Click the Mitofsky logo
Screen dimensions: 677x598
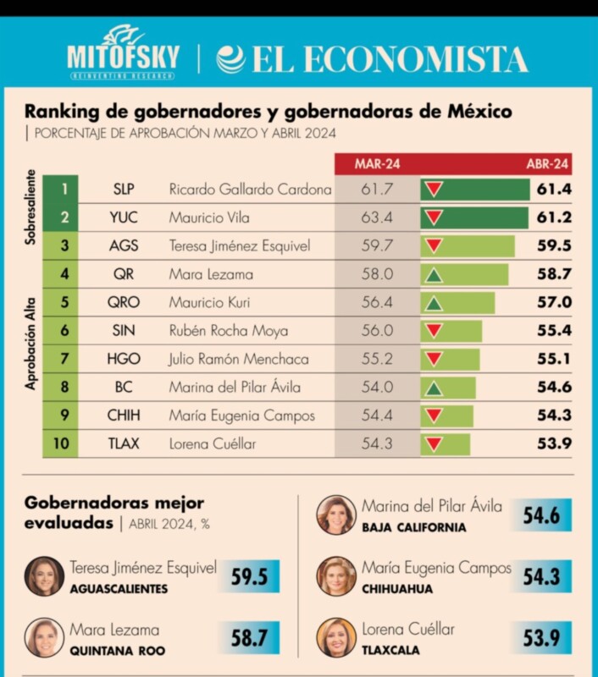tap(124, 54)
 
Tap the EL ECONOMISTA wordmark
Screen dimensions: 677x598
tap(373, 59)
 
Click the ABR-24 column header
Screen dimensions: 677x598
tap(547, 163)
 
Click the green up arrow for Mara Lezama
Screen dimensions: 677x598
tap(434, 274)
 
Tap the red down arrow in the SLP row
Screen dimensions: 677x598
tap(434, 190)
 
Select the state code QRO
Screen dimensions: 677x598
tap(124, 302)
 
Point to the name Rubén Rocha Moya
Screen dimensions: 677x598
tap(228, 331)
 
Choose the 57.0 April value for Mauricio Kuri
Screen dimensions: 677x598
tap(554, 302)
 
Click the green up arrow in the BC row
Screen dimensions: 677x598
tap(434, 388)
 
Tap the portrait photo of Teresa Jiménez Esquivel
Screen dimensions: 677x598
tap(44, 576)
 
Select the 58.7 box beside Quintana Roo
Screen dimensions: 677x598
tap(249, 638)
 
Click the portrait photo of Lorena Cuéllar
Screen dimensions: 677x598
tap(336, 638)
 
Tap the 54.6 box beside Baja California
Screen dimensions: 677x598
tap(540, 515)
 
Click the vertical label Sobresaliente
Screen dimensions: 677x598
tap(30, 208)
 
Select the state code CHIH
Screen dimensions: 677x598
tap(124, 416)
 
